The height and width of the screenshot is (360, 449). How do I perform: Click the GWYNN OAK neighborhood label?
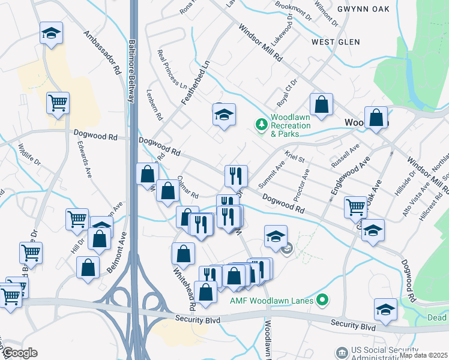click(363, 9)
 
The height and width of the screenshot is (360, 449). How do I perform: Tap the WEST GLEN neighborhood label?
click(335, 42)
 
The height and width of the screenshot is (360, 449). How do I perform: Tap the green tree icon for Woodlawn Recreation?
click(261, 124)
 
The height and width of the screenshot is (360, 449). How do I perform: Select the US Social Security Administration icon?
click(342, 352)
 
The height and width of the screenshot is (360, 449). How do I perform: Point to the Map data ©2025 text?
click(423, 355)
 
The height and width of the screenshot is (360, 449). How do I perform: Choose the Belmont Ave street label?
click(118, 253)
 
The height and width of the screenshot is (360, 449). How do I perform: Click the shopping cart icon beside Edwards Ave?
click(58, 104)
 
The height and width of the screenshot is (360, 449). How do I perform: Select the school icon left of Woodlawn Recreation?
click(224, 115)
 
